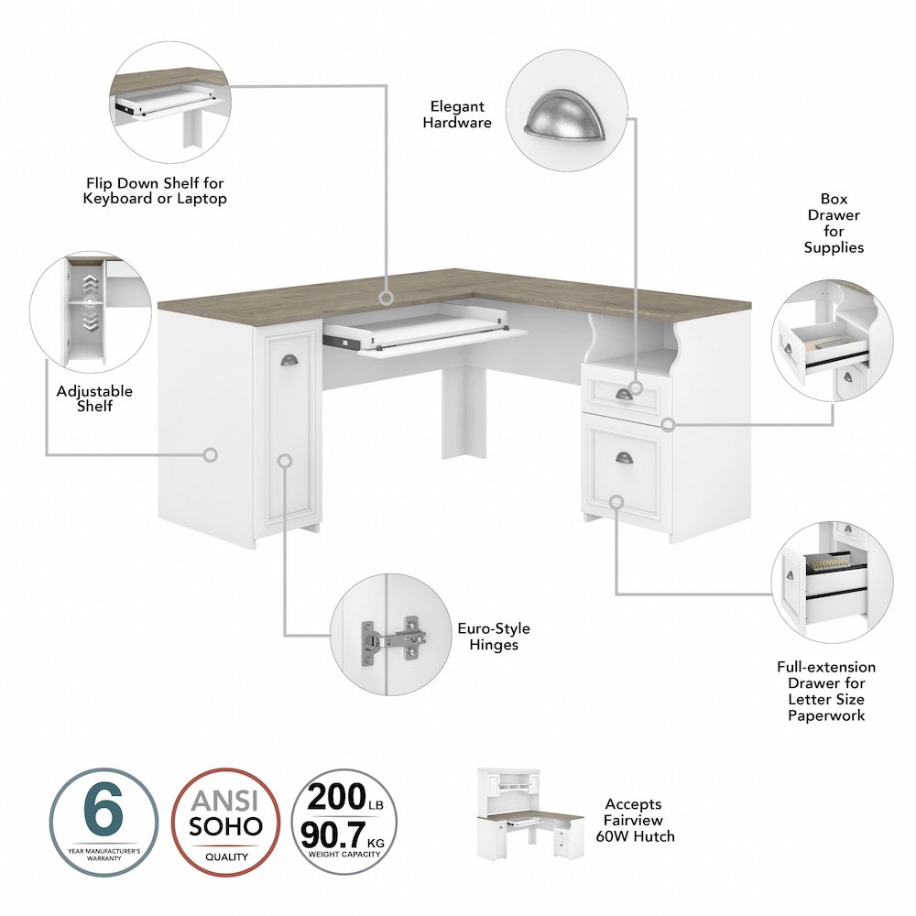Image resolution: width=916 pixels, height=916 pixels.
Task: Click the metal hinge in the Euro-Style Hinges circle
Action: click(392, 635)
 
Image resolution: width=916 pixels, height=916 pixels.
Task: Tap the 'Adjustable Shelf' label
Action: click(94, 398)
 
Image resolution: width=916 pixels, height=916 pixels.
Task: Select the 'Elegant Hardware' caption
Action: click(457, 114)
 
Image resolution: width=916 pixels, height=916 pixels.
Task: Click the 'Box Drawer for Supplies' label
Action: click(834, 224)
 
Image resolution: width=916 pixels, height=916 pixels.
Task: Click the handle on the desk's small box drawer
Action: click(624, 393)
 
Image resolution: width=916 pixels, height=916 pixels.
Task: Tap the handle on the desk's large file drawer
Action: click(625, 457)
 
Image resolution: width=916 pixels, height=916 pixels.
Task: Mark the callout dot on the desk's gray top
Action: click(387, 298)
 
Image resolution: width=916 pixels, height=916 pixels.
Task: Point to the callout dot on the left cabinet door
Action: click(285, 460)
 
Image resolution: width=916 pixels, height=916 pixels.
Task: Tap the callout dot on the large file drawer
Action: click(616, 501)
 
